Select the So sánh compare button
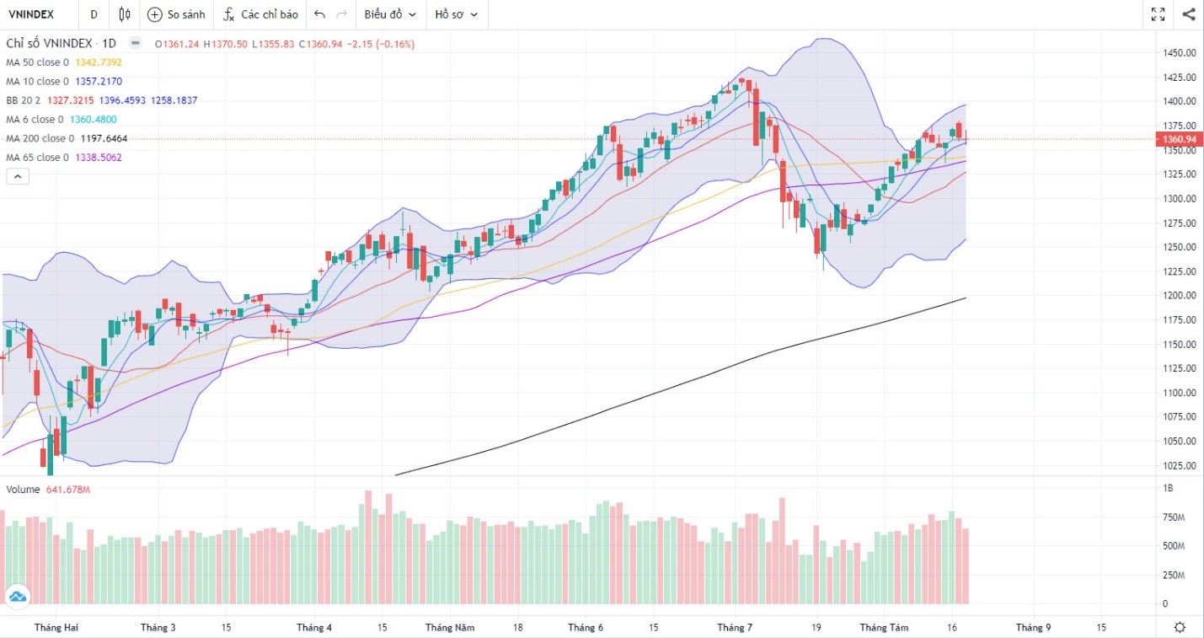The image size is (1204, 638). click(x=176, y=14)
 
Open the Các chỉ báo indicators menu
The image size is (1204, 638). click(x=261, y=14)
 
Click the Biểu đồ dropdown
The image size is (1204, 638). click(x=389, y=14)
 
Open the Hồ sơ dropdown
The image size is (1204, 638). click(x=456, y=14)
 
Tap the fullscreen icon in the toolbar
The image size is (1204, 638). click(x=1158, y=14)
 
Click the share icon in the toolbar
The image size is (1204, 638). click(x=1188, y=14)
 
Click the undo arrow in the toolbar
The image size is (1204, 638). click(x=319, y=14)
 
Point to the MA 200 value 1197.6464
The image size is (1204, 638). click(x=104, y=138)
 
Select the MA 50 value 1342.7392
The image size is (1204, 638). click(x=99, y=62)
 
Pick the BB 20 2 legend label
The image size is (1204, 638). click(x=24, y=100)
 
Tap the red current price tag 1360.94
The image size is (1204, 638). click(x=1178, y=139)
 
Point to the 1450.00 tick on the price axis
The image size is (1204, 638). click(x=1180, y=52)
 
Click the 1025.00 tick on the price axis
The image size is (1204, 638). click(x=1180, y=465)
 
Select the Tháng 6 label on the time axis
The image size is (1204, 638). click(x=586, y=628)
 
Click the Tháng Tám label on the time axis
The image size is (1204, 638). click(x=884, y=628)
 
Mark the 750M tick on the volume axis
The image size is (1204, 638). click(x=1174, y=517)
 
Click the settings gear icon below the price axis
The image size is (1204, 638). click(x=1180, y=628)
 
